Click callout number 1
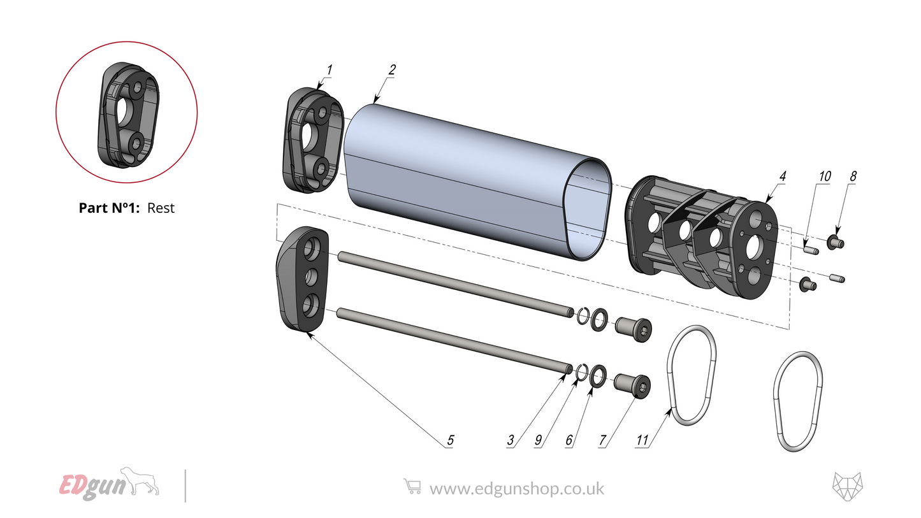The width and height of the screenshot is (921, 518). (330, 69)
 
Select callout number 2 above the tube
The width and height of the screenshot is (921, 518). (392, 69)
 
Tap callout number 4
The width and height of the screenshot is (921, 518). (782, 175)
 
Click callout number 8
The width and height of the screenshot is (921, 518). (853, 176)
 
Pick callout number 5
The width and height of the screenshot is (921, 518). (450, 440)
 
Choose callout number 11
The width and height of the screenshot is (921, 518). (642, 440)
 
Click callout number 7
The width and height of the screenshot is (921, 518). (602, 440)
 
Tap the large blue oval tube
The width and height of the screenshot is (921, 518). (472, 178)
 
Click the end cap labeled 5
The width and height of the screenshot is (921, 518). (302, 280)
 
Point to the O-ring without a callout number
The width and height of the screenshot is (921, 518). (797, 401)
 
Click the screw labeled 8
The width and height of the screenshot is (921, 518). (836, 242)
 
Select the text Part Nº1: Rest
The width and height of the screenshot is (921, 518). (126, 208)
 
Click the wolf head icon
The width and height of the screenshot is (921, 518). (847, 487)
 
